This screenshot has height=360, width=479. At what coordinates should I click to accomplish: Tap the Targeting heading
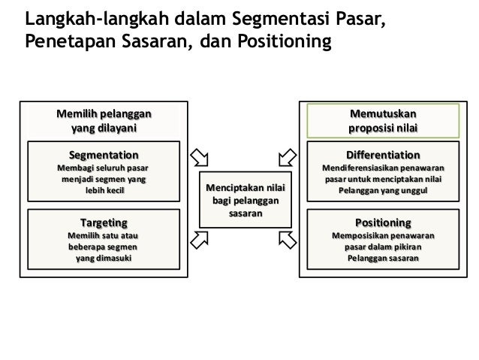[x=104, y=222]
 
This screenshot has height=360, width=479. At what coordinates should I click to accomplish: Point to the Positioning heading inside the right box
[x=383, y=222]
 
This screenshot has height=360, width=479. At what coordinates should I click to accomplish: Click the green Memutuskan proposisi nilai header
[x=383, y=121]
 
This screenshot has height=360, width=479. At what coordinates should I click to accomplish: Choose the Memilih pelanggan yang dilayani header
[x=104, y=121]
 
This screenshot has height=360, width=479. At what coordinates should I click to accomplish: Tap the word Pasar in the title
[x=362, y=17]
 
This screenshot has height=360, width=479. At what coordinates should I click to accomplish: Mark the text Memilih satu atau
[x=104, y=236]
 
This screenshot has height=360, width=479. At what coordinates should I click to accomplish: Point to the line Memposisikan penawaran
[x=383, y=236]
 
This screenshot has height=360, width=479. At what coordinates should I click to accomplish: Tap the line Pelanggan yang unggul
[x=383, y=191]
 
